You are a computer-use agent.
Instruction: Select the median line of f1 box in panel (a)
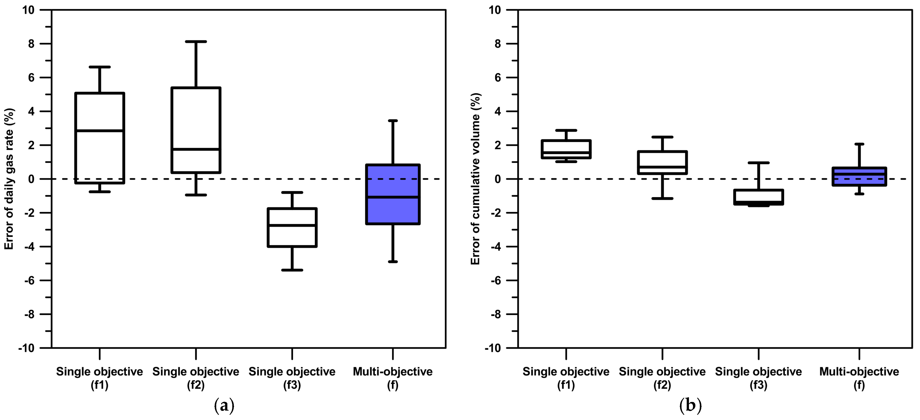click(x=100, y=131)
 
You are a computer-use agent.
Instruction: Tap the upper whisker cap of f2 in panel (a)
click(x=196, y=42)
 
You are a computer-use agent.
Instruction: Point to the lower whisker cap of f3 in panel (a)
click(x=292, y=270)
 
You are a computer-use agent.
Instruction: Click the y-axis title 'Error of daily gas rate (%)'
click(x=9, y=179)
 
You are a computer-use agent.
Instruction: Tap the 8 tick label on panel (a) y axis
click(x=31, y=44)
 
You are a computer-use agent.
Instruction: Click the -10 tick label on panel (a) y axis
click(x=26, y=348)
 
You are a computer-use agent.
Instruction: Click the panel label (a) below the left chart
click(x=224, y=405)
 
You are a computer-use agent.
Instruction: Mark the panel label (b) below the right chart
click(x=690, y=405)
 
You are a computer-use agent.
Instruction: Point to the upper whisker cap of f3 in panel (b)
click(x=758, y=163)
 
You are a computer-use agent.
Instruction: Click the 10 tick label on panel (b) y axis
click(x=495, y=10)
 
